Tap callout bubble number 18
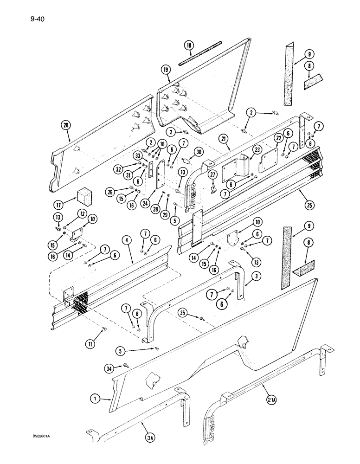[x=189, y=46]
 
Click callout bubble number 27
[x=213, y=174]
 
